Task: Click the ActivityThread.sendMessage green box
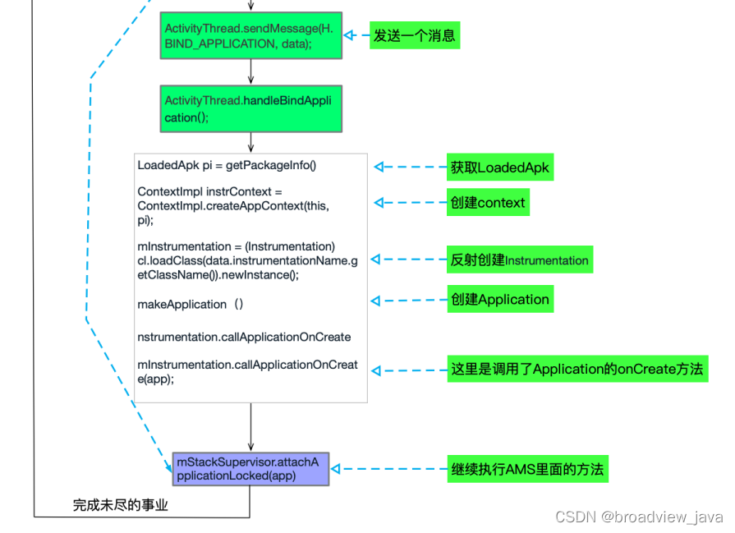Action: click(250, 35)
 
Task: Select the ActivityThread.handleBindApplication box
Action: click(250, 108)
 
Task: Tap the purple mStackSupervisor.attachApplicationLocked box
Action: click(250, 469)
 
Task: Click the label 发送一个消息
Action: click(414, 35)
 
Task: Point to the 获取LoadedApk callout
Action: click(499, 168)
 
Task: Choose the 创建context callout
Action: click(487, 202)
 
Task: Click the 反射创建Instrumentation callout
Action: click(519, 260)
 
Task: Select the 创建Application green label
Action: click(499, 298)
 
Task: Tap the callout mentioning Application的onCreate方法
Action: click(577, 369)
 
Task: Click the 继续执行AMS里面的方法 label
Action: click(527, 469)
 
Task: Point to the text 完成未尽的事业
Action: click(120, 505)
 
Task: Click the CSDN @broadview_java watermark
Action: click(639, 517)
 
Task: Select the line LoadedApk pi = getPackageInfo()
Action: click(227, 165)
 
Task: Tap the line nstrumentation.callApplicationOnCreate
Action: click(244, 337)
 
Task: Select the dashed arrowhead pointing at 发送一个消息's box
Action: click(348, 35)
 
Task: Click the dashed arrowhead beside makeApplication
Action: click(378, 301)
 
